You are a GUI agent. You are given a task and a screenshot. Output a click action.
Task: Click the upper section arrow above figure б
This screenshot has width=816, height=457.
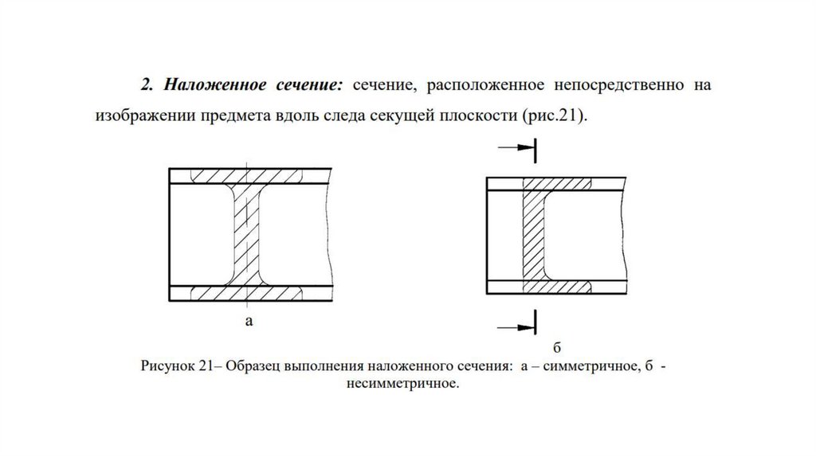tap(517, 148)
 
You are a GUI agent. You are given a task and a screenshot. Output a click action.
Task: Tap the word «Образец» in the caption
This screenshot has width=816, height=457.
tap(252, 367)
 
